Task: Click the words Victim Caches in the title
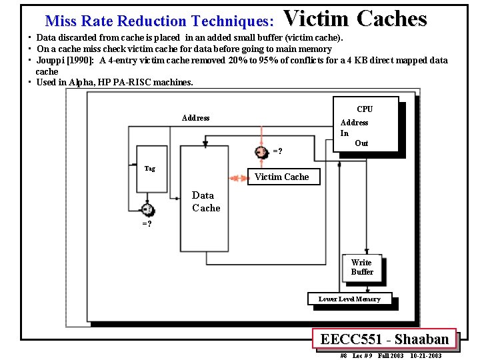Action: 355,19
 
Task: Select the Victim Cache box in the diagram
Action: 281,177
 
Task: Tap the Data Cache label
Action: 205,201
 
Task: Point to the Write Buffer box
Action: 362,267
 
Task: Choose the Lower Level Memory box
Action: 349,299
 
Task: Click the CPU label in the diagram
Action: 365,109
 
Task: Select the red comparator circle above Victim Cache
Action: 262,151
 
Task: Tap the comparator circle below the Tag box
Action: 147,210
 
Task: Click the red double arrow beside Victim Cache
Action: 238,178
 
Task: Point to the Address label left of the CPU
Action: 195,118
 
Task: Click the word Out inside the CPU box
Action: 361,143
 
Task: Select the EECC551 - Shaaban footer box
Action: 384,339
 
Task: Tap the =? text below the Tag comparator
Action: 147,224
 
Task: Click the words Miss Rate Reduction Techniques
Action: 159,21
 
